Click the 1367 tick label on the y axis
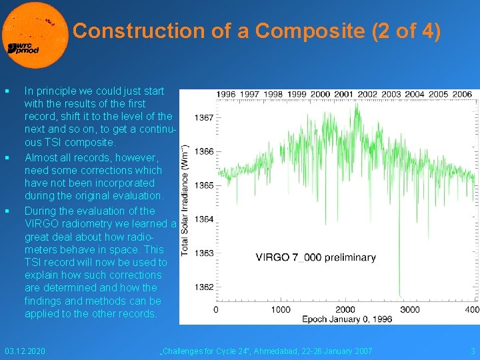[x=204, y=118]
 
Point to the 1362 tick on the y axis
[x=204, y=287]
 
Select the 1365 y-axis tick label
[x=204, y=185]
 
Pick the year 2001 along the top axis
[x=344, y=95]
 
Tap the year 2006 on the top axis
[x=461, y=95]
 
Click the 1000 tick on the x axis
[x=281, y=309]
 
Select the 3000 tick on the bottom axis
[x=410, y=309]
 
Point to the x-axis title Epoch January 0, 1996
[x=347, y=319]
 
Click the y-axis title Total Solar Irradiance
[x=186, y=200]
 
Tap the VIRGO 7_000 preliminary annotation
[x=316, y=257]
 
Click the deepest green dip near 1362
[x=400, y=294]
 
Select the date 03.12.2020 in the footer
[x=25, y=351]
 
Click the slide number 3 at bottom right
[x=473, y=351]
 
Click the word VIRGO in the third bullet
[x=41, y=223]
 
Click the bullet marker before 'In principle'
[x=7, y=91]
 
